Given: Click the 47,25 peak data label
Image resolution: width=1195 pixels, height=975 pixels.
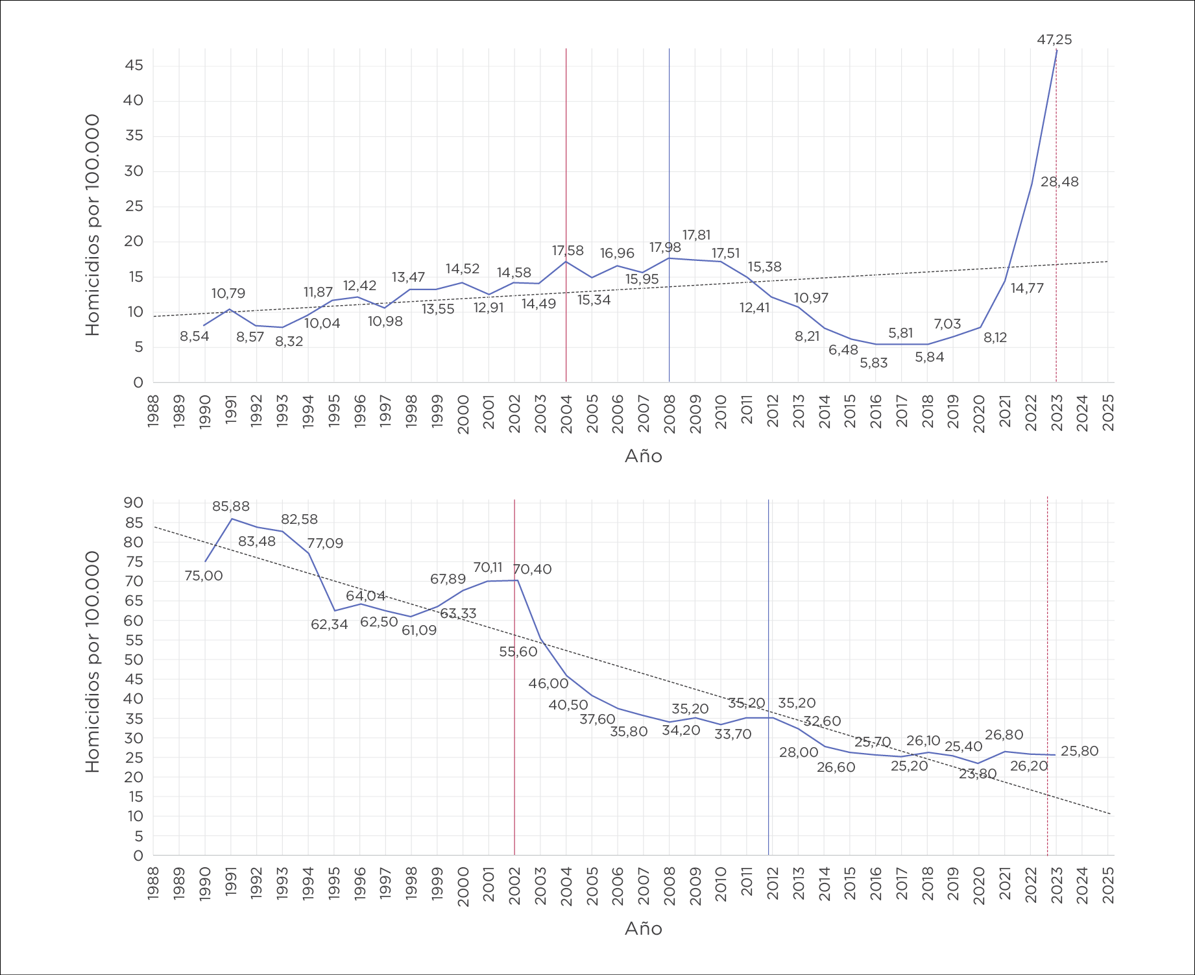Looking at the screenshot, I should pyautogui.click(x=1054, y=40).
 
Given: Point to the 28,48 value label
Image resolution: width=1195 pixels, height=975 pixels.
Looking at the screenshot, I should pyautogui.click(x=1059, y=182).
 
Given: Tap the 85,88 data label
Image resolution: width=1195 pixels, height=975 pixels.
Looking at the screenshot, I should pyautogui.click(x=230, y=506).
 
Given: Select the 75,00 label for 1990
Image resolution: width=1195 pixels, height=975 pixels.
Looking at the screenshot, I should pyautogui.click(x=203, y=576).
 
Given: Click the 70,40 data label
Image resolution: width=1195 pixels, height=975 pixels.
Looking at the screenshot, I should pyautogui.click(x=532, y=569).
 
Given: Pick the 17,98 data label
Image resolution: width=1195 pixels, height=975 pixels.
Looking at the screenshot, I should pyautogui.click(x=665, y=247).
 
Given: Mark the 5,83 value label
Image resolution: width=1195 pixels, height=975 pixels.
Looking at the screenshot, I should pyautogui.click(x=873, y=363).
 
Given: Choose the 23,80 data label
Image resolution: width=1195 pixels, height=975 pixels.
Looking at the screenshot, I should pyautogui.click(x=977, y=774).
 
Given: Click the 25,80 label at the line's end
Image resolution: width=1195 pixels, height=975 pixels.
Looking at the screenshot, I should pyautogui.click(x=1080, y=751).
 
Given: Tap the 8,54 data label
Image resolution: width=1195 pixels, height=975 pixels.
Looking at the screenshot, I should pyautogui.click(x=194, y=336).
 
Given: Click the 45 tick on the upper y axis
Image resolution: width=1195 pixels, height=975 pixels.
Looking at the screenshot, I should pyautogui.click(x=134, y=66).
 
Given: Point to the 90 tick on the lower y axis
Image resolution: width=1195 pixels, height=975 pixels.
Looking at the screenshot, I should pyautogui.click(x=134, y=502).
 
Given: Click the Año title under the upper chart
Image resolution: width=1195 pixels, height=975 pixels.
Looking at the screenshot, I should pyautogui.click(x=643, y=456).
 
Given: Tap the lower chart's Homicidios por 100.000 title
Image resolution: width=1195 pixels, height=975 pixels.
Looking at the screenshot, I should pyautogui.click(x=93, y=661).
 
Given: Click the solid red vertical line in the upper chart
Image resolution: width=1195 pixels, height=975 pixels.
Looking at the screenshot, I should pyautogui.click(x=566, y=162).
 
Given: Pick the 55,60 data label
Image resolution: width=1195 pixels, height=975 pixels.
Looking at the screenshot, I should pyautogui.click(x=518, y=652).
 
